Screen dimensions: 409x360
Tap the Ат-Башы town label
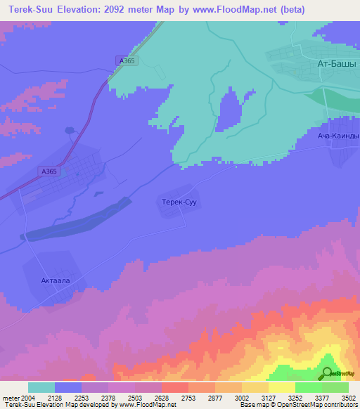(337, 63)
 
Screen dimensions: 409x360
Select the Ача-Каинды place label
(337, 136)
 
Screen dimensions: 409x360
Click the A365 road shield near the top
(127, 61)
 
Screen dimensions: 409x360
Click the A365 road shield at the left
(49, 171)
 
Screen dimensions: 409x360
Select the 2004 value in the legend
(29, 398)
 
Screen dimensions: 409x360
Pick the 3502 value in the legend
(349, 398)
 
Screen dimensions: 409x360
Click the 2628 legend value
(162, 398)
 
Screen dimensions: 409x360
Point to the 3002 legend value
(242, 398)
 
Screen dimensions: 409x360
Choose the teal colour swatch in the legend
(41, 387)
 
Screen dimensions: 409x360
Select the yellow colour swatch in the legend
(281, 387)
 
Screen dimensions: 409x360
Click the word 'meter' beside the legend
(10, 398)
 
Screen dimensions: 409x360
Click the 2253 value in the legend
(82, 398)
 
